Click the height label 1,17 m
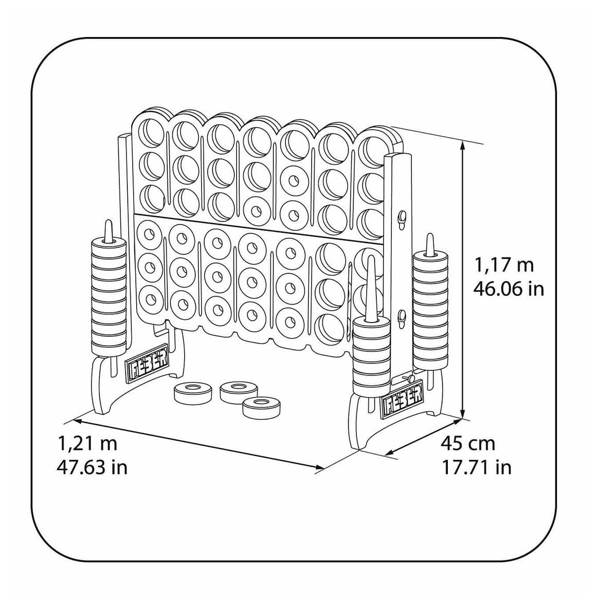tap(504, 265)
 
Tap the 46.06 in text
tap(509, 289)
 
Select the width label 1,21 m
tap(87, 443)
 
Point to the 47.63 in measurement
tap(92, 467)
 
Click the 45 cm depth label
tap(468, 443)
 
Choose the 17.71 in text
tap(477, 467)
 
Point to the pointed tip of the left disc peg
tap(109, 221)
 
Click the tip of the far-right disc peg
tap(430, 235)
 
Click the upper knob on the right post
tap(402, 218)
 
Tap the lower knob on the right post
tap(402, 318)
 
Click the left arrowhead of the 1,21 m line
tap(76, 420)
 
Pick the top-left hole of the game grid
tap(150, 132)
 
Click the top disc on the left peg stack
tap(109, 245)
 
